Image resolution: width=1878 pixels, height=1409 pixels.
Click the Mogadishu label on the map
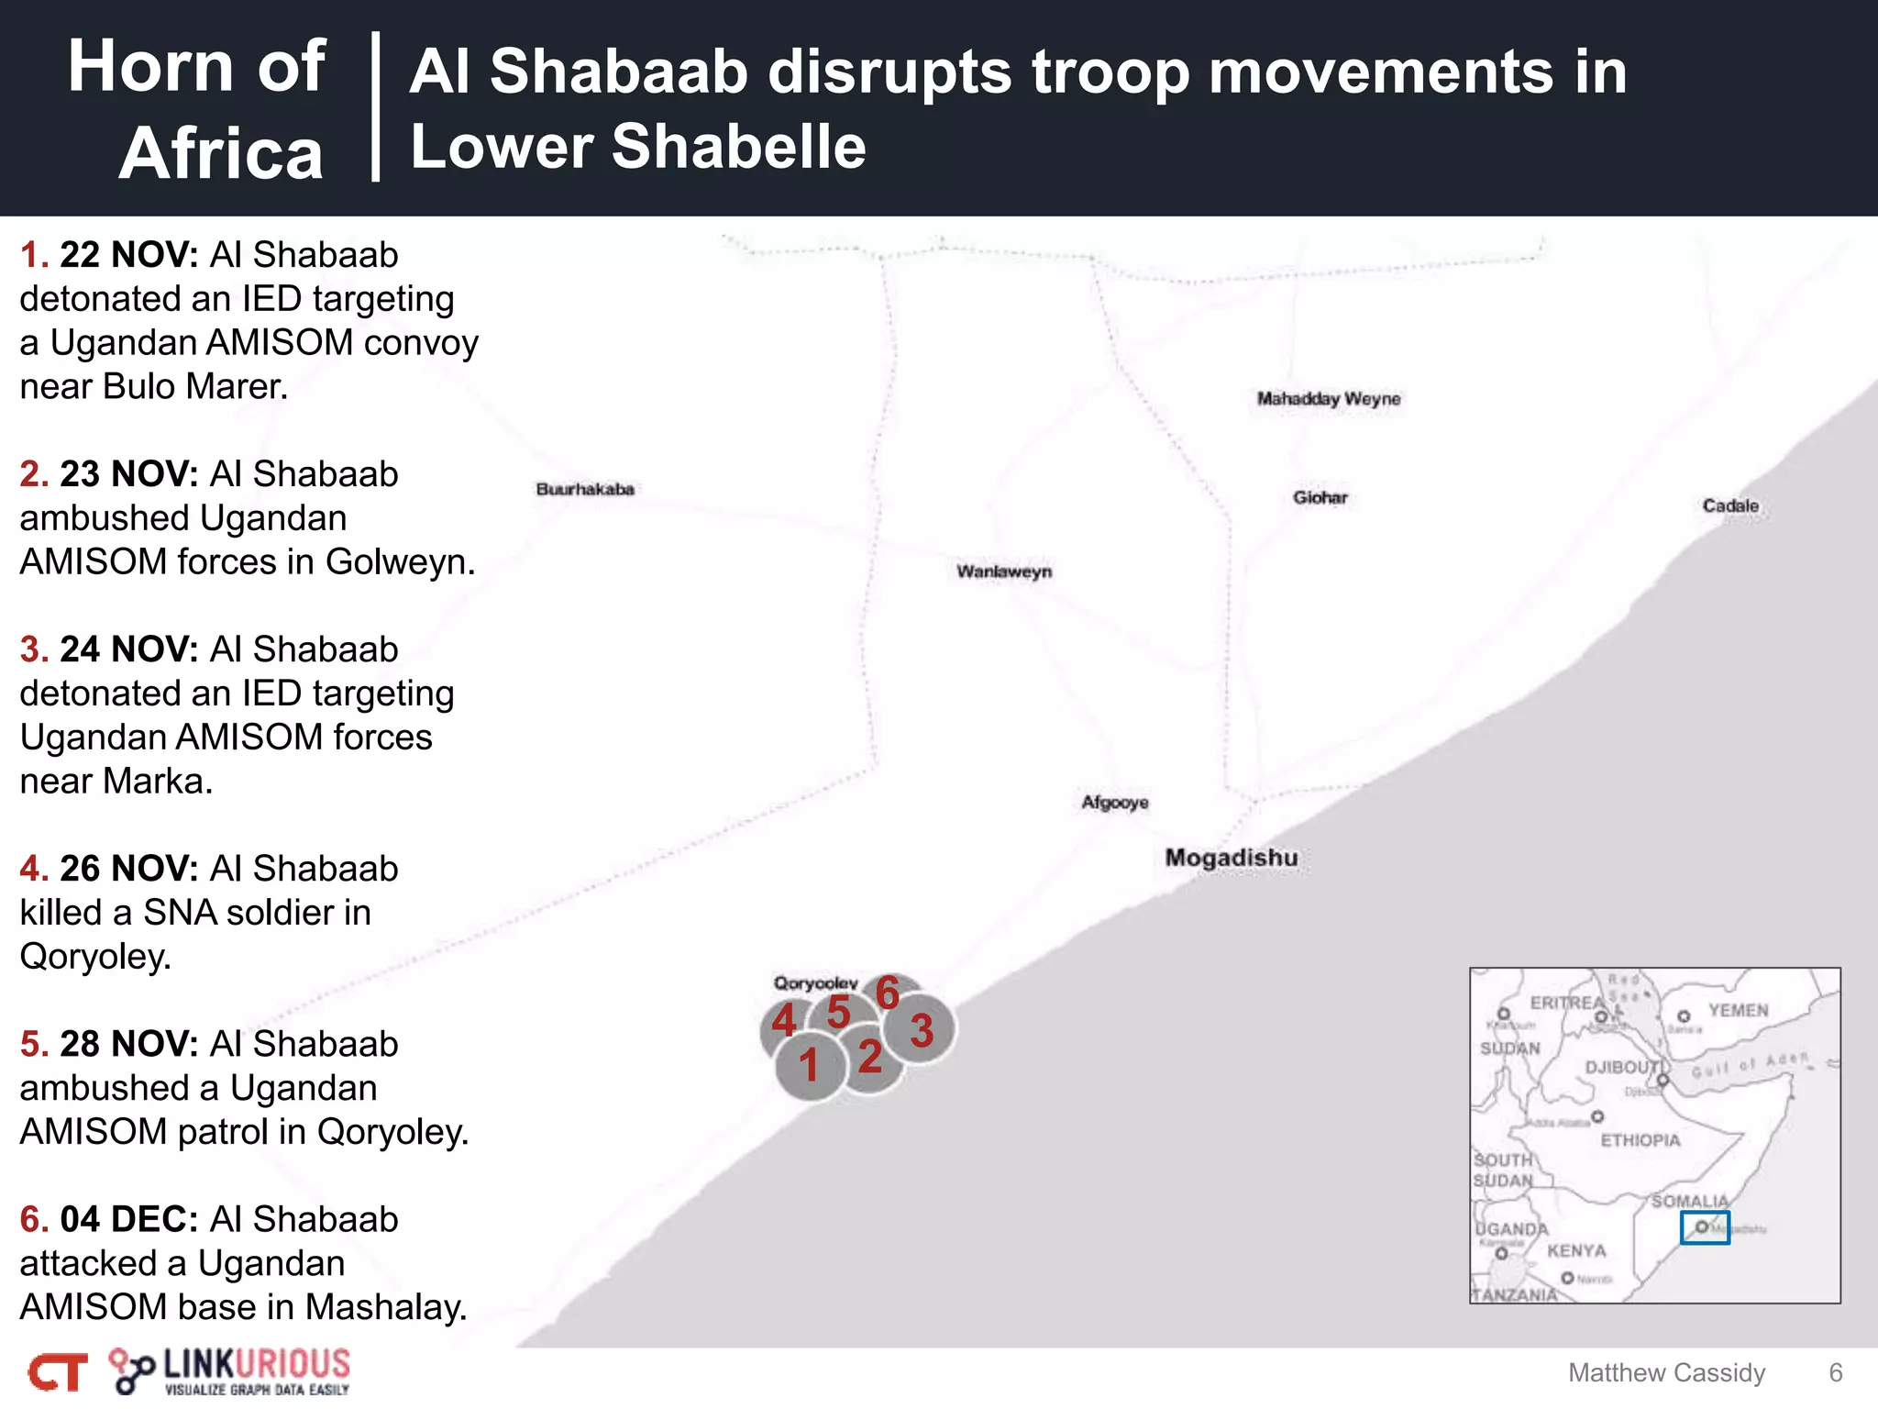1231,858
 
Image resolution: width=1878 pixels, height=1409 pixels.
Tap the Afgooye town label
1114,803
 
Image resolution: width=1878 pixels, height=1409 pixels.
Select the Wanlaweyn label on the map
1004,571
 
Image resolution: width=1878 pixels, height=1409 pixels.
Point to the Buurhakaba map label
585,489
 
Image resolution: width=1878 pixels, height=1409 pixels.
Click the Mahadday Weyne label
1329,398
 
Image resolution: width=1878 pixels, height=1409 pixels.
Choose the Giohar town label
1320,497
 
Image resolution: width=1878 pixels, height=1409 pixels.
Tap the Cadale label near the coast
1730,505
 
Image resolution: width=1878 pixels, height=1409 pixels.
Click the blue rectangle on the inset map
1705,1227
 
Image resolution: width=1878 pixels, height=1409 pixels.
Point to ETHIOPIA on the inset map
1640,1140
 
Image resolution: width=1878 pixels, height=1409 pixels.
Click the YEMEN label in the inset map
1738,1010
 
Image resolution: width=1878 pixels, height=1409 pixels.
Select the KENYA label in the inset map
1576,1250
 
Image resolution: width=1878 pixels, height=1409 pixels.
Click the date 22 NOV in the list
129,255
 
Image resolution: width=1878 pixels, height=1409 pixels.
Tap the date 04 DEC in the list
129,1219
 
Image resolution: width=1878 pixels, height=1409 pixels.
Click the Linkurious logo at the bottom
229,1371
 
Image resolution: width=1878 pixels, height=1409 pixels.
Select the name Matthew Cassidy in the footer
1666,1372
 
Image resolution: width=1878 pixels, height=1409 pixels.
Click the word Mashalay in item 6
385,1307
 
